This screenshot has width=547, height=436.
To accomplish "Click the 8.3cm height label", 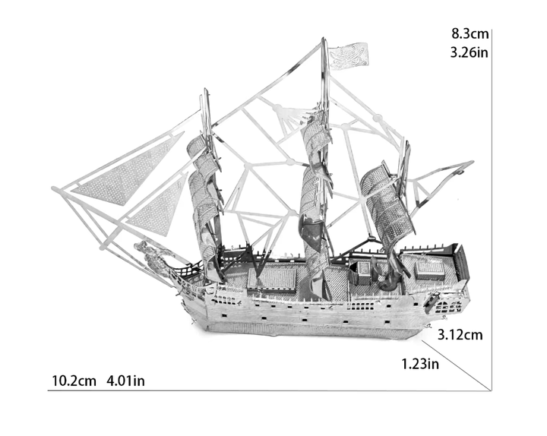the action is coord(470,34).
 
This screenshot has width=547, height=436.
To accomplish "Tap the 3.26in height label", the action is coord(470,52).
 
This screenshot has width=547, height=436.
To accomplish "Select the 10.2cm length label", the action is coord(74,381).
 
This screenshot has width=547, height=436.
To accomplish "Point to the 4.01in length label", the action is coord(125,381).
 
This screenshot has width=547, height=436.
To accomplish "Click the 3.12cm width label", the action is coord(460,335).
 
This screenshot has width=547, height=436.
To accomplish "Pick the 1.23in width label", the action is coord(420,364).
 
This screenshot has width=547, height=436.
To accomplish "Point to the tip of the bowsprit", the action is coord(53,188).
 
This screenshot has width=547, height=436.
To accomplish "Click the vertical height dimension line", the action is coord(492,210).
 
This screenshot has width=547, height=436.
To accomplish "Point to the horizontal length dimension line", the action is coord(269,390).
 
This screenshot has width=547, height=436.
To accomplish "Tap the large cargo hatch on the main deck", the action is coord(272,279).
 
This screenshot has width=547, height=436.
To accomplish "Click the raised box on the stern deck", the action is coord(430,270).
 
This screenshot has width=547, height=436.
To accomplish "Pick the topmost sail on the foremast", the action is coord(196,145).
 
